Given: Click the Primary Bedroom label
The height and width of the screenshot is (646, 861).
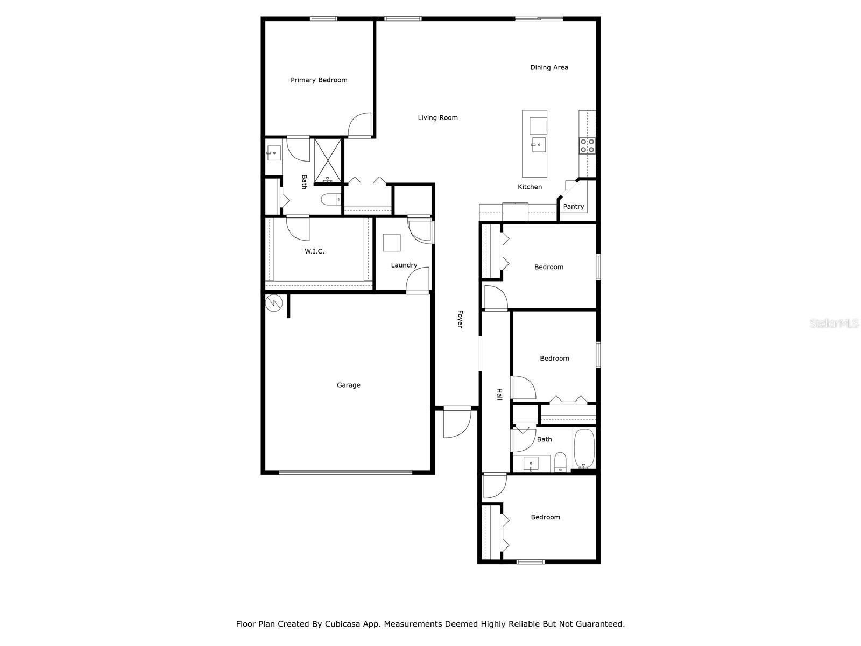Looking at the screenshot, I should click(319, 80).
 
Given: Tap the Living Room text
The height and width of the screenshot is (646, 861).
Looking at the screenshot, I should click(437, 118).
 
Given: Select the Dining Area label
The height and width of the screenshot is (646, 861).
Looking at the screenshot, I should click(549, 68).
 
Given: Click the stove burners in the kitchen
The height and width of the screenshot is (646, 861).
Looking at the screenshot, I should click(587, 145).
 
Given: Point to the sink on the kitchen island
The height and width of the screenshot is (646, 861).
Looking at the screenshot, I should click(538, 145).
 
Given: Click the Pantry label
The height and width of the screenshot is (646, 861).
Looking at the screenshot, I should click(573, 207).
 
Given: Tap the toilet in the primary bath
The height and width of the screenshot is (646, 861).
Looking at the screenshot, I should click(330, 200).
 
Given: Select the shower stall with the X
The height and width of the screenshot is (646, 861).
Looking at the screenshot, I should click(328, 160).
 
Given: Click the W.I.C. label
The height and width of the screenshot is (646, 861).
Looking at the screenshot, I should click(314, 251).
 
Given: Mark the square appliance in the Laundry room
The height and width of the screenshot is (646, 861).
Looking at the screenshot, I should click(392, 243).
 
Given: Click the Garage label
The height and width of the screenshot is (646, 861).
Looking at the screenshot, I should click(348, 385).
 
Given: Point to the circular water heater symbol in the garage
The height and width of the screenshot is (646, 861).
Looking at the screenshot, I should click(274, 303).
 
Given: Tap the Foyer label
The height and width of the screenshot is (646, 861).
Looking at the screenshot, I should click(460, 319).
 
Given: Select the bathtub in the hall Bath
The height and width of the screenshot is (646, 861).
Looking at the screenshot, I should click(584, 448).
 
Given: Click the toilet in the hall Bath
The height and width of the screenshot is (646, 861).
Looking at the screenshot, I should click(560, 462).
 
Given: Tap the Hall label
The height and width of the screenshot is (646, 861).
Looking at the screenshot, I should click(499, 394).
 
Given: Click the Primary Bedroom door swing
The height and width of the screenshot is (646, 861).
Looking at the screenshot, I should click(359, 125).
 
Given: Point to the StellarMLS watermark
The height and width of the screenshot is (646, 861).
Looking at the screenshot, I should click(834, 324).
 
